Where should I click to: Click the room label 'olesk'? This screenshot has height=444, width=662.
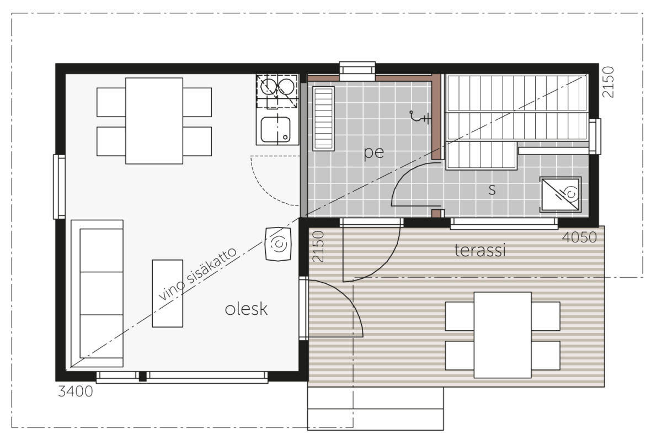tap(246, 309)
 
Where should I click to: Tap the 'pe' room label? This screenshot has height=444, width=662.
tap(373, 152)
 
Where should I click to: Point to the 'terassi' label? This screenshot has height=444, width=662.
tap(479, 250)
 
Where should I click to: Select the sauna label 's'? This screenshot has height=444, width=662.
tap(492, 189)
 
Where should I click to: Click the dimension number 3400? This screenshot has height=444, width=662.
tap(76, 392)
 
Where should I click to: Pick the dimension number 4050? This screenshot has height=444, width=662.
tap(579, 237)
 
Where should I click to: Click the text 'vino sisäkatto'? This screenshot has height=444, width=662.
tap(197, 273)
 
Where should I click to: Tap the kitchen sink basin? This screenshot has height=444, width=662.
tap(275, 130)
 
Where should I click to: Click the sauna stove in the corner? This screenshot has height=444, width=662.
tap(560, 194)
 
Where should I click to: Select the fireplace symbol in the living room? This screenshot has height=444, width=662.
tap(278, 244)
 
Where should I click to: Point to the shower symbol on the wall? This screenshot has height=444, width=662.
tap(419, 117)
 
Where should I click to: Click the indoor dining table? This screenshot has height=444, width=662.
tap(154, 121)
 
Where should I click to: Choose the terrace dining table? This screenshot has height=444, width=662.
tap(503, 335)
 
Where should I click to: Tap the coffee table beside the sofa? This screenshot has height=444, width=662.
tap(167, 293)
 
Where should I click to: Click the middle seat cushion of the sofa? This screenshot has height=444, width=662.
tap(102, 293)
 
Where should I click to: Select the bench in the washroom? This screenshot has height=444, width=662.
tap(323, 119)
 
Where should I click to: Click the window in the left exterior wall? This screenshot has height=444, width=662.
tap(59, 187)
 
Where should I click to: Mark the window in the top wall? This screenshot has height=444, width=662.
tap(357, 71)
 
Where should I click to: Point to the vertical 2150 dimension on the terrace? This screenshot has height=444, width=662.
tap(318, 246)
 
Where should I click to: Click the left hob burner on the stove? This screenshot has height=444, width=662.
tap(268, 86)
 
